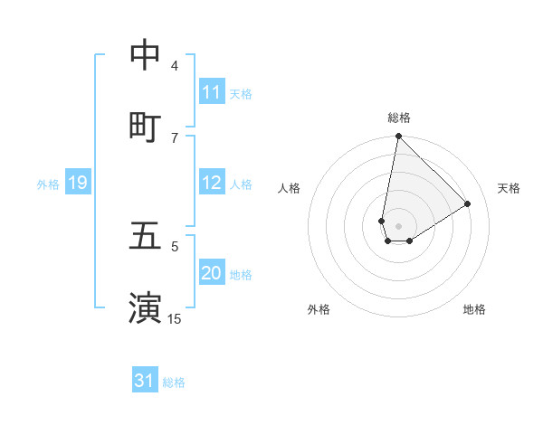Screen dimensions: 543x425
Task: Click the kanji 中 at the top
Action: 145,56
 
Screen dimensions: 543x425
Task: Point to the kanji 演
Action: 145,307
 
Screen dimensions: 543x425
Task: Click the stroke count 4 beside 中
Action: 175,66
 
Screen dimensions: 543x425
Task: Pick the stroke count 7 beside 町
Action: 175,137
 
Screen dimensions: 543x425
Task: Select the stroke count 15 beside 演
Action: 175,318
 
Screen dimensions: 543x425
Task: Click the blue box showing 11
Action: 212,92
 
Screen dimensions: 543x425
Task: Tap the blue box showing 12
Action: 212,183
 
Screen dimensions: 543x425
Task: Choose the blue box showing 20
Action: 212,273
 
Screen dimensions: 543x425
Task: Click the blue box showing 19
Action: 78,184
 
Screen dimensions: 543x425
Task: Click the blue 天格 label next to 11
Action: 241,93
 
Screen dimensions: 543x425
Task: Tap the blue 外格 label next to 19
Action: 48,184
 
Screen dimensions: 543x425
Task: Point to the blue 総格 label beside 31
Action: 174,382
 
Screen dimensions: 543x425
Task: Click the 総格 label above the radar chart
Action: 399,118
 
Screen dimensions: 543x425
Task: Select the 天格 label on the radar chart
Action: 510,188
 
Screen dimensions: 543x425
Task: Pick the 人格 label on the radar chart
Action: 290,188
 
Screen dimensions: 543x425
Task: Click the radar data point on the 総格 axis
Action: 398,137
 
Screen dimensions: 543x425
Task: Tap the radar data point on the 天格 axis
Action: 468,204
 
